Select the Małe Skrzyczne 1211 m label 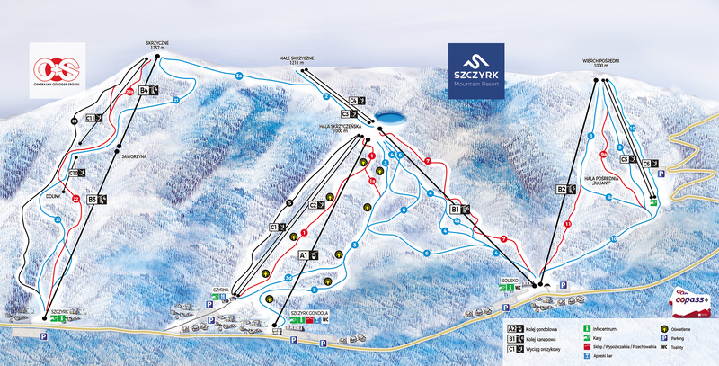[x=296, y=60]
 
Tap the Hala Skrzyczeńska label [x=346, y=129]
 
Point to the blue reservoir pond [x=388, y=117]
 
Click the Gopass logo [x=691, y=299]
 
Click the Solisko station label [x=510, y=279]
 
